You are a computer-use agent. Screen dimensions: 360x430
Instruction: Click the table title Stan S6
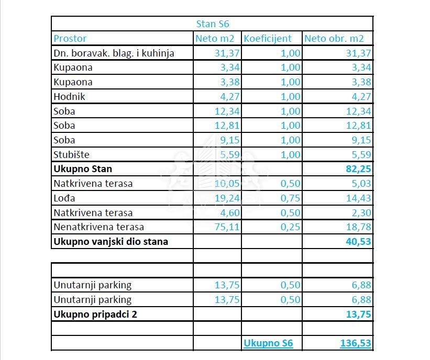[x=212, y=24]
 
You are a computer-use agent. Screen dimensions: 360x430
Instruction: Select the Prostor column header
[x=70, y=38]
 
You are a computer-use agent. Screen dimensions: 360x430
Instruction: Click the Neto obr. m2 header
[x=334, y=38]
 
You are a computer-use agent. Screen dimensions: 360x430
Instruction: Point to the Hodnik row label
[x=69, y=96]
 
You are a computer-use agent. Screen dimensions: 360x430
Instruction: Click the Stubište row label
[x=72, y=154]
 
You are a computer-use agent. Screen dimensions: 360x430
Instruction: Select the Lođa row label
[x=64, y=198]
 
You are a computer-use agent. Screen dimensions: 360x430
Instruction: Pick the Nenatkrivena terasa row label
[x=98, y=227]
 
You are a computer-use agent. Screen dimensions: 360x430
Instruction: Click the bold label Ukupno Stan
[x=82, y=169]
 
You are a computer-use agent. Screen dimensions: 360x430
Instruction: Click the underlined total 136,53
[x=356, y=343]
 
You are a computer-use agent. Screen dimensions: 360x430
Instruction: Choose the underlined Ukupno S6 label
[x=268, y=343]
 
